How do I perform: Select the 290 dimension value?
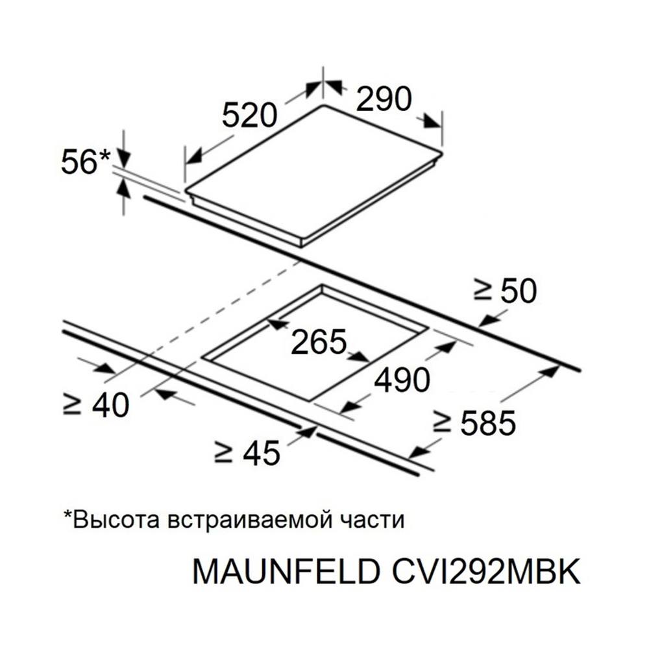pos(384,99)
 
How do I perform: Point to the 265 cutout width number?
pos(318,342)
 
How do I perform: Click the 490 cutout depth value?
pos(402,380)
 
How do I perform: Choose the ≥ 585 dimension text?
pos(474,422)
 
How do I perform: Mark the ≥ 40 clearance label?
pos(96,404)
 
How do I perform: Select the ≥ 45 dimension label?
pos(247,452)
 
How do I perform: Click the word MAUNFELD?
pos(286,572)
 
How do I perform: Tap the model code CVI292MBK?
pos(486,572)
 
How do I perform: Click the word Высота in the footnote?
pos(116,520)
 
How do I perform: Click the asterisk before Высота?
pos(67,514)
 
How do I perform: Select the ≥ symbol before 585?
pos(441,422)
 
